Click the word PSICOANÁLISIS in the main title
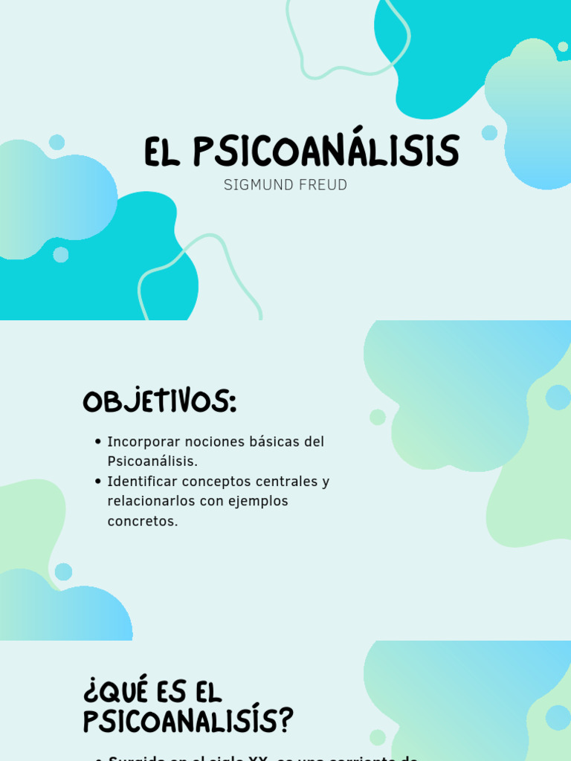coord(326,152)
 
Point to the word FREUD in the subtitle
coord(320,185)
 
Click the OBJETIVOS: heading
coord(159,402)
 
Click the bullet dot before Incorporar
coord(98,442)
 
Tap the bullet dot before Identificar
coord(98,482)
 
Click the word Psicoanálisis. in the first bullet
coord(152,462)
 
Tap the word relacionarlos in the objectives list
coord(151,502)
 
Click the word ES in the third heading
coord(172,692)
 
